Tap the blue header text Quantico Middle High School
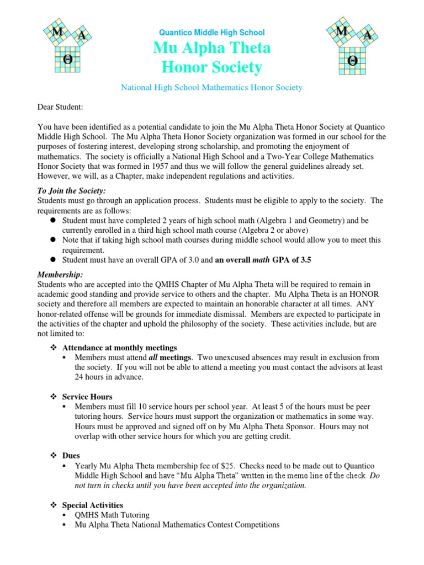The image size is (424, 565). [x=212, y=33]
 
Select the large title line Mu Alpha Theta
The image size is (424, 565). [x=212, y=49]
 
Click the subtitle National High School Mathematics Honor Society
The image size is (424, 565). [x=212, y=88]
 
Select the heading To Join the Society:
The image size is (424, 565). [x=71, y=190]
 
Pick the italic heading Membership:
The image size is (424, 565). [x=60, y=274]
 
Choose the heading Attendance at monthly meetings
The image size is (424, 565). [x=120, y=348]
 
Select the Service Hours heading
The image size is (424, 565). [x=87, y=397]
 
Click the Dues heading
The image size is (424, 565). [x=71, y=456]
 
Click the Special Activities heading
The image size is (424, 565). [x=93, y=505]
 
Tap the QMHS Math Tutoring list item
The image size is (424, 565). [x=112, y=515]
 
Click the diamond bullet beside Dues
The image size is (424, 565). [x=54, y=456]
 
